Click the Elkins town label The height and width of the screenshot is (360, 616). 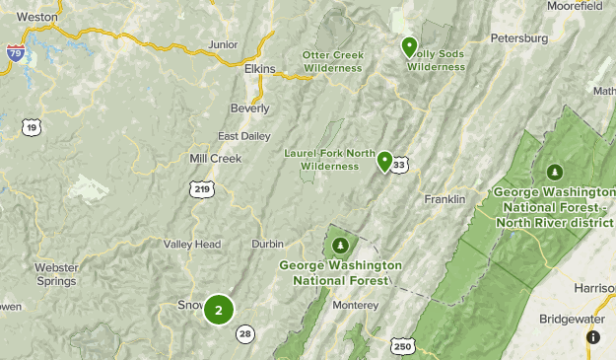(260, 69)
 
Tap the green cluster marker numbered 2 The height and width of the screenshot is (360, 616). (219, 310)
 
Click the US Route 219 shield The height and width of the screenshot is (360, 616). (202, 188)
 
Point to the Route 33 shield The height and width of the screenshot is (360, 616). (399, 166)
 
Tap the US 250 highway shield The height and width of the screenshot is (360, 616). (401, 346)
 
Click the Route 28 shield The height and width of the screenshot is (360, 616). (244, 334)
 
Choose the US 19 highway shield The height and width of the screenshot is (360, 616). (33, 126)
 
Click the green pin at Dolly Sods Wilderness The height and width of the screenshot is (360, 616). (409, 46)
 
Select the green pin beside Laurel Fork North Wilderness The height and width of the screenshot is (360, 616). (385, 162)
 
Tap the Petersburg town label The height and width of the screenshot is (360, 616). (518, 38)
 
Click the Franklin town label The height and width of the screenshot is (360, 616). (445, 199)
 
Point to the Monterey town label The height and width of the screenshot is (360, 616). (356, 306)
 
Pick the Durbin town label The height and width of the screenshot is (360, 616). (267, 244)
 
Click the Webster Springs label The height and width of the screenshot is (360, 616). (56, 274)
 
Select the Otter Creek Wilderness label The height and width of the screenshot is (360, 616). (332, 61)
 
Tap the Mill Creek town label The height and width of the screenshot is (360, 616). (215, 158)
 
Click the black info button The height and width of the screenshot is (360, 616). (592, 336)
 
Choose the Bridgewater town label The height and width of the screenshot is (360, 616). (572, 320)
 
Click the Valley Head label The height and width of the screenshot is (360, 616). (192, 245)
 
